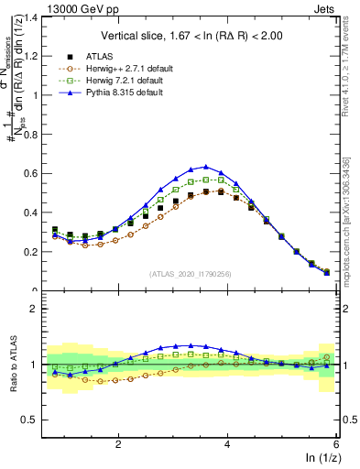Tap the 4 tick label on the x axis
click(x=227, y=443)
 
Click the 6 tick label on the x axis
click(x=335, y=443)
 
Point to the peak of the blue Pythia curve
click(x=205, y=167)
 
